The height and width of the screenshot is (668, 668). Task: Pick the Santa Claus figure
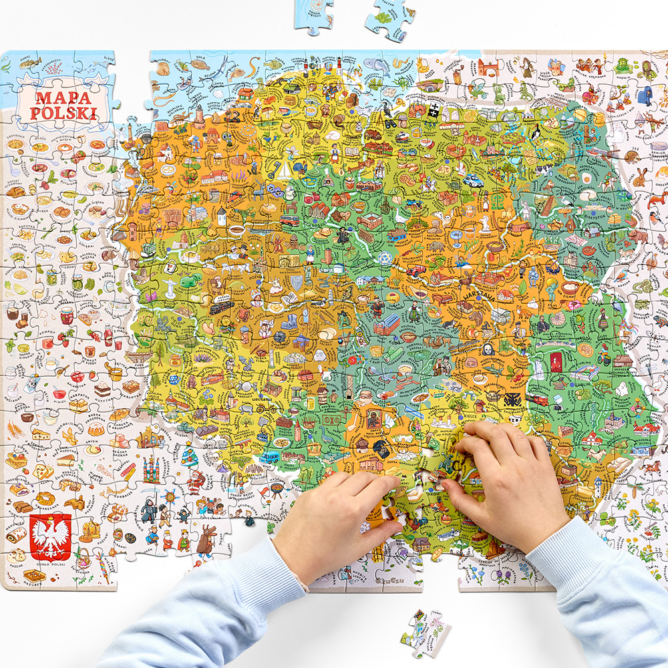click(x=195, y=481)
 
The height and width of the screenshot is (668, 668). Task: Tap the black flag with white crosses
click(x=434, y=110)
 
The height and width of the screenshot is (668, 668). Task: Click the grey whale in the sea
click(x=378, y=67)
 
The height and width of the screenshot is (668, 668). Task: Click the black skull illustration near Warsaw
click(x=487, y=349)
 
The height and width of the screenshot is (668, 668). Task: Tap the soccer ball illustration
click(x=383, y=257)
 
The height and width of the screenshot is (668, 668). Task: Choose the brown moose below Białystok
click(x=639, y=236)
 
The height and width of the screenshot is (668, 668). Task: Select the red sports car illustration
click(x=416, y=270)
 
